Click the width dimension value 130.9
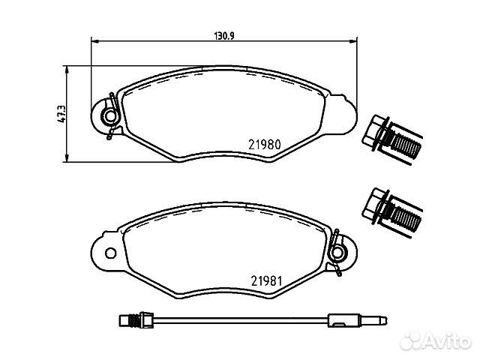tap(223, 36)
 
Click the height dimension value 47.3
tap(61, 114)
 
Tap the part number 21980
tap(265, 145)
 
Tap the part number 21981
tap(266, 280)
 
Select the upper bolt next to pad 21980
tap(392, 139)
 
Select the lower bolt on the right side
tap(392, 212)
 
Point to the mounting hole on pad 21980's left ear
tap(109, 116)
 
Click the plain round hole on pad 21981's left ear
tap(110, 253)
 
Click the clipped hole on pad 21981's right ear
tap(338, 253)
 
